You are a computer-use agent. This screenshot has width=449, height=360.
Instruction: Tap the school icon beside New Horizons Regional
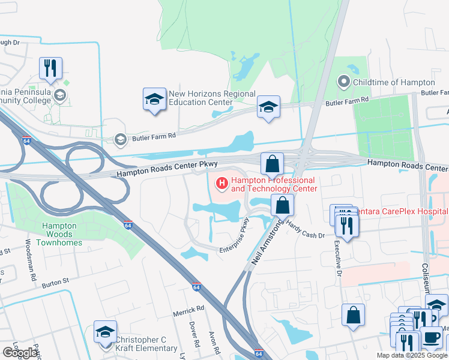(154, 99)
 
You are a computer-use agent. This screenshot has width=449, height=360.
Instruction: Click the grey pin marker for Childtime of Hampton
(343, 82)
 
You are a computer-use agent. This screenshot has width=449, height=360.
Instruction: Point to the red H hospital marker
(221, 182)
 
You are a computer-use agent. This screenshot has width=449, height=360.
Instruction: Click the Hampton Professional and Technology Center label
(274, 184)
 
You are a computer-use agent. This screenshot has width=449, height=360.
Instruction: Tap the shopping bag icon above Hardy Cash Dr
(282, 205)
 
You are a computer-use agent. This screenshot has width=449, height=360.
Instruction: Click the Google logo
(19, 353)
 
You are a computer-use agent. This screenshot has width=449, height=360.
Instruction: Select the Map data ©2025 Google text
(412, 355)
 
